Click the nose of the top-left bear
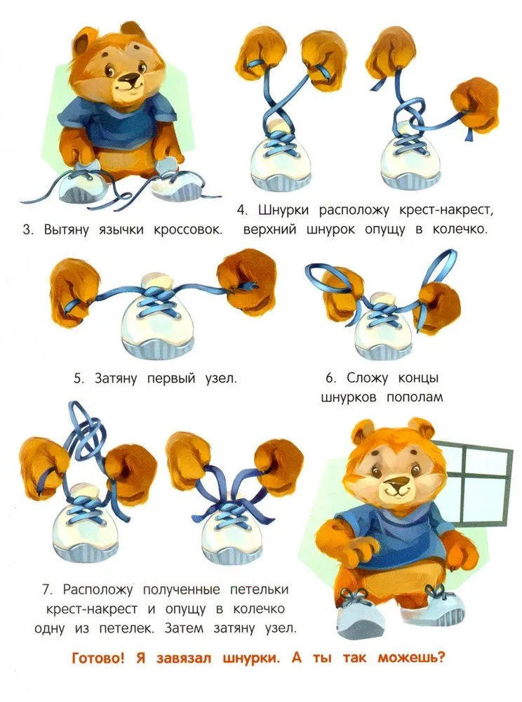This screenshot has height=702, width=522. pos(130,81)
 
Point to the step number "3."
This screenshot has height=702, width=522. pos(28,230)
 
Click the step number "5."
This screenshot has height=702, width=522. pos(79,378)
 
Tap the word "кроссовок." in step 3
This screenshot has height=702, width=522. pos(188,230)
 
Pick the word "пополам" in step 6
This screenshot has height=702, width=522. pos(415,397)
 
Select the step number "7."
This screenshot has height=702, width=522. pos(48,590)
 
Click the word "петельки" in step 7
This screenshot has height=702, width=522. pos(259,590)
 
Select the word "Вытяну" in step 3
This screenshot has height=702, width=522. pos(66,230)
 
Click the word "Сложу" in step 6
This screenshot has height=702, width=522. pos(367,378)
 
